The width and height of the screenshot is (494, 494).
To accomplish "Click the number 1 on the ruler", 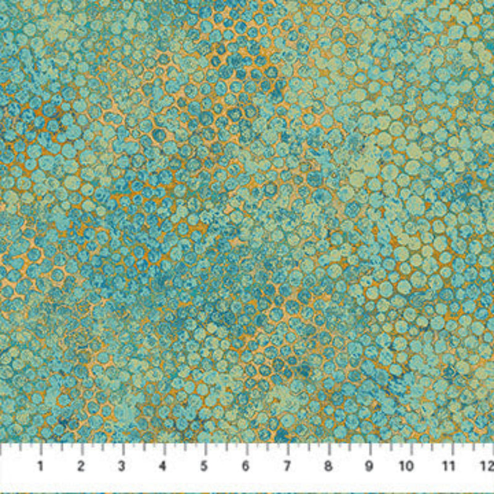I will [x=41, y=466].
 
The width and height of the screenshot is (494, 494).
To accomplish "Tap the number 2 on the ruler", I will [x=82, y=466].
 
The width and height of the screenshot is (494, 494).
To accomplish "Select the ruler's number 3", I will [x=122, y=466].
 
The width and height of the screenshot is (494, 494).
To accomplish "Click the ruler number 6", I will [x=246, y=466].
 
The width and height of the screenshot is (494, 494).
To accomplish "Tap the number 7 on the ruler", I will [x=287, y=466].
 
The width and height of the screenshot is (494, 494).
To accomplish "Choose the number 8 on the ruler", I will [x=327, y=466].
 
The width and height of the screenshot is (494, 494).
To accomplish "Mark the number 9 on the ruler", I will [x=369, y=466].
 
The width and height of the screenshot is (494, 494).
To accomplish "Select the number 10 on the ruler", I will [x=408, y=466].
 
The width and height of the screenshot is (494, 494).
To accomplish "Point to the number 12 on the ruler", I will [x=488, y=466].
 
